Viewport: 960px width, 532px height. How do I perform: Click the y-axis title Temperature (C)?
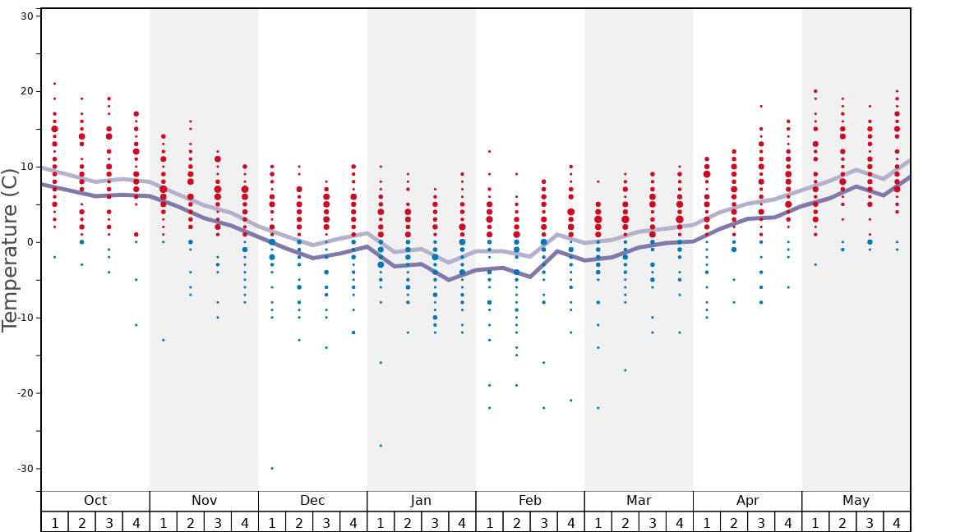[10, 250]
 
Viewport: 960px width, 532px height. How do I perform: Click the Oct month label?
[95, 501]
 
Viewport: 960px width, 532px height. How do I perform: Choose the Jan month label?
[421, 501]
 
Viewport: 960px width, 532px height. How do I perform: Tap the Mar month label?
[639, 501]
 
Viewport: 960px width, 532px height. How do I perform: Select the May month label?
[856, 501]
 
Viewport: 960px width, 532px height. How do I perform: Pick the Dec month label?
[312, 501]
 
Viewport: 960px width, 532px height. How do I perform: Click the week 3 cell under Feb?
[543, 522]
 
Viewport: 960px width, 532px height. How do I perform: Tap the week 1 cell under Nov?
[164, 522]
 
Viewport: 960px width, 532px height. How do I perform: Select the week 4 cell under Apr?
[788, 522]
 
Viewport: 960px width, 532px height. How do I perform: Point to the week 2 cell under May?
[842, 522]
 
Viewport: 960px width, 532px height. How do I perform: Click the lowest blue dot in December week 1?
[272, 468]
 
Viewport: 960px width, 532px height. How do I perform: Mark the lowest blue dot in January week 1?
[381, 446]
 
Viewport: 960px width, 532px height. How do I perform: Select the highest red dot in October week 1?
[54, 84]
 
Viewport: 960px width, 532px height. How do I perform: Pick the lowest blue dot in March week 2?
[625, 370]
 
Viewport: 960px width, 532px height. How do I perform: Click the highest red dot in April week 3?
[761, 106]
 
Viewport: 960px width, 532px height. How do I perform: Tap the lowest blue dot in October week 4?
[136, 325]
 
